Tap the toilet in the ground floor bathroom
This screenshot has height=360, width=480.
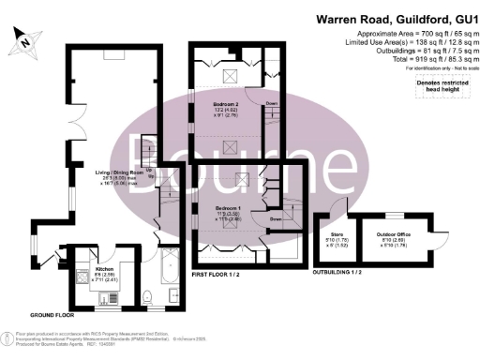[148, 298]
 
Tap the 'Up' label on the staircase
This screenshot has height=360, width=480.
[150, 172]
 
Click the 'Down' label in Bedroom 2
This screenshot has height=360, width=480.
[270, 103]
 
